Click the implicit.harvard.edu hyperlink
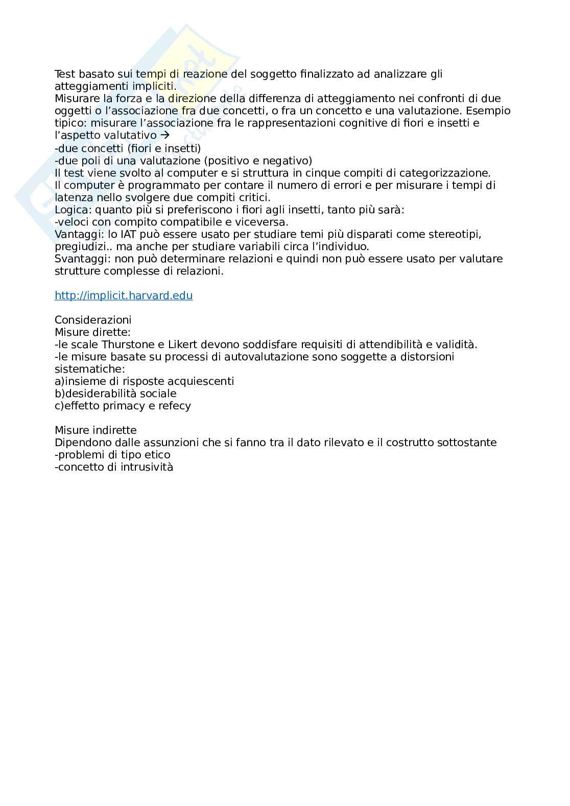(x=124, y=296)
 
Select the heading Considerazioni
(x=93, y=320)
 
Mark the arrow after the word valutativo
(x=164, y=136)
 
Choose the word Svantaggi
(x=78, y=259)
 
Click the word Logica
(x=71, y=210)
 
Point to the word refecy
(x=174, y=406)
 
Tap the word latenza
(x=73, y=198)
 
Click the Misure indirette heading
(x=96, y=430)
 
